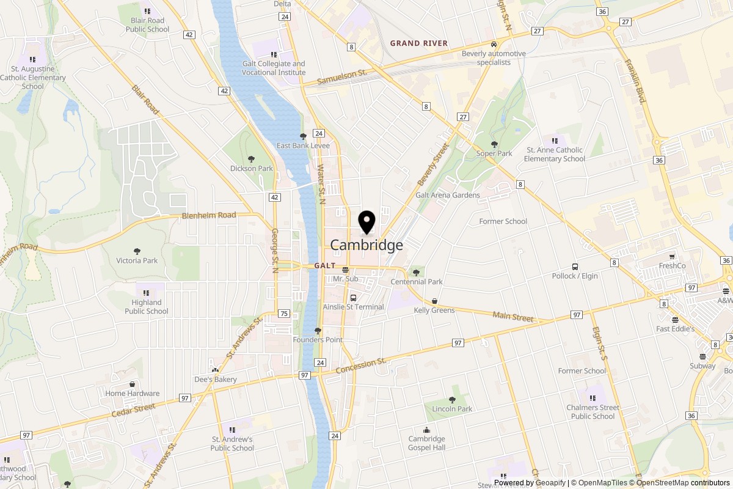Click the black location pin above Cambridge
pyautogui.click(x=366, y=222)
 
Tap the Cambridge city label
pyautogui.click(x=366, y=245)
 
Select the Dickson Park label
pyautogui.click(x=252, y=168)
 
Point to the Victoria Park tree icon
pyautogui.click(x=137, y=251)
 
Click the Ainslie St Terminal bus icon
pyautogui.click(x=353, y=298)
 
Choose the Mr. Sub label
pyautogui.click(x=345, y=279)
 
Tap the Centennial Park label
pyautogui.click(x=417, y=282)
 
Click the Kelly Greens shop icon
pyautogui.click(x=434, y=301)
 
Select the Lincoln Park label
pyautogui.click(x=452, y=409)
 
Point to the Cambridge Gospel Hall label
pyautogui.click(x=427, y=443)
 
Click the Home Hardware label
pyautogui.click(x=133, y=394)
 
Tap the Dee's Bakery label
pyautogui.click(x=215, y=380)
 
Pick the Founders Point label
pyautogui.click(x=318, y=340)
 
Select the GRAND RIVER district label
pyautogui.click(x=419, y=43)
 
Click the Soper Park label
pyautogui.click(x=494, y=153)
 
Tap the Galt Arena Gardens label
pyautogui.click(x=448, y=195)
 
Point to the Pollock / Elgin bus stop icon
pyautogui.click(x=575, y=267)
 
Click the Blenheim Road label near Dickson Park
pyautogui.click(x=209, y=216)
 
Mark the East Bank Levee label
pyautogui.click(x=303, y=145)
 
